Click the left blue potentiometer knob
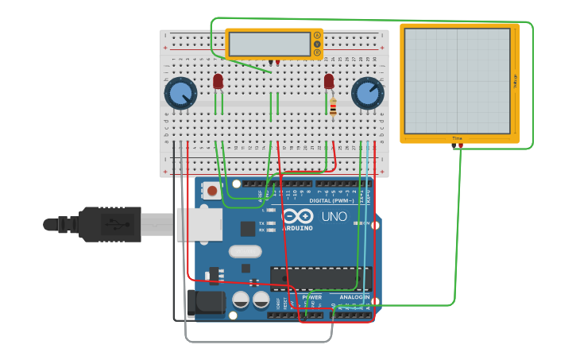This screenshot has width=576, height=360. [180, 93]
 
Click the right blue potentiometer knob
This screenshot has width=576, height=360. [366, 93]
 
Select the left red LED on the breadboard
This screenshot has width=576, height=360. [218, 81]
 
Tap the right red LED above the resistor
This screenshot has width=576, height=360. [329, 81]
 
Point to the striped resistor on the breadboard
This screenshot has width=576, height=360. [333, 106]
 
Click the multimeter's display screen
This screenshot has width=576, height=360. [269, 44]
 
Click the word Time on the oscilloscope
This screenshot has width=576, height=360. [457, 138]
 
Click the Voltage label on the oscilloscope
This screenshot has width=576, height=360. [515, 80]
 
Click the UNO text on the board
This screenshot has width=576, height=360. [334, 216]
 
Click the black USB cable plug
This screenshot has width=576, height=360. [110, 224]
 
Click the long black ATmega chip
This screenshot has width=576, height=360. [320, 278]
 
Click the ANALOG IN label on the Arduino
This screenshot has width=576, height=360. [354, 296]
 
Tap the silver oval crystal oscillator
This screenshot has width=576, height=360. [245, 252]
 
